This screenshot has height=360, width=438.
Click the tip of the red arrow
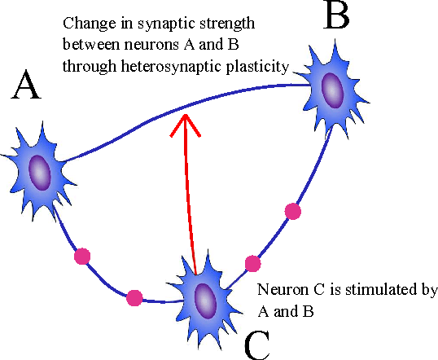coord(186,116)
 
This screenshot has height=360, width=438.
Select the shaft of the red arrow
coord(191,195)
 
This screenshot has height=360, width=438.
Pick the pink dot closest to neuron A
coord(81,257)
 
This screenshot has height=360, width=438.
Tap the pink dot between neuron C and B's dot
coord(252,263)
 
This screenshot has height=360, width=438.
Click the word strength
coord(203,22)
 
